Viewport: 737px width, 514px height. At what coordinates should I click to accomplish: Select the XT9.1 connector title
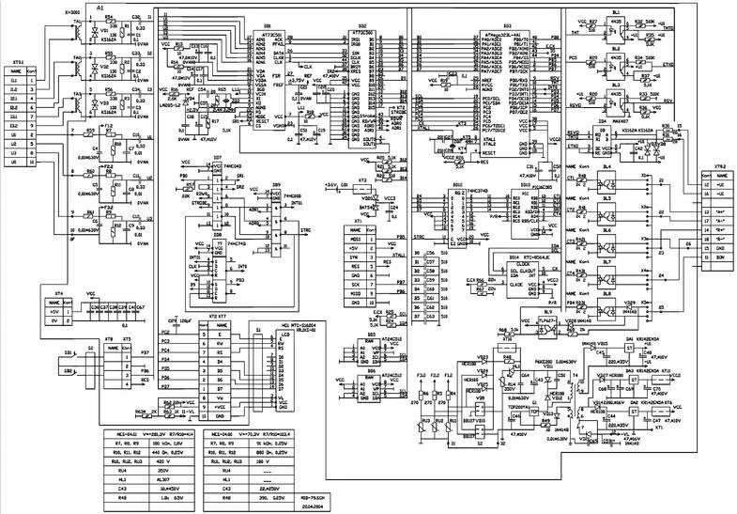16,58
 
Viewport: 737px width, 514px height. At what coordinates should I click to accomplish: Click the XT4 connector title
58,292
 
